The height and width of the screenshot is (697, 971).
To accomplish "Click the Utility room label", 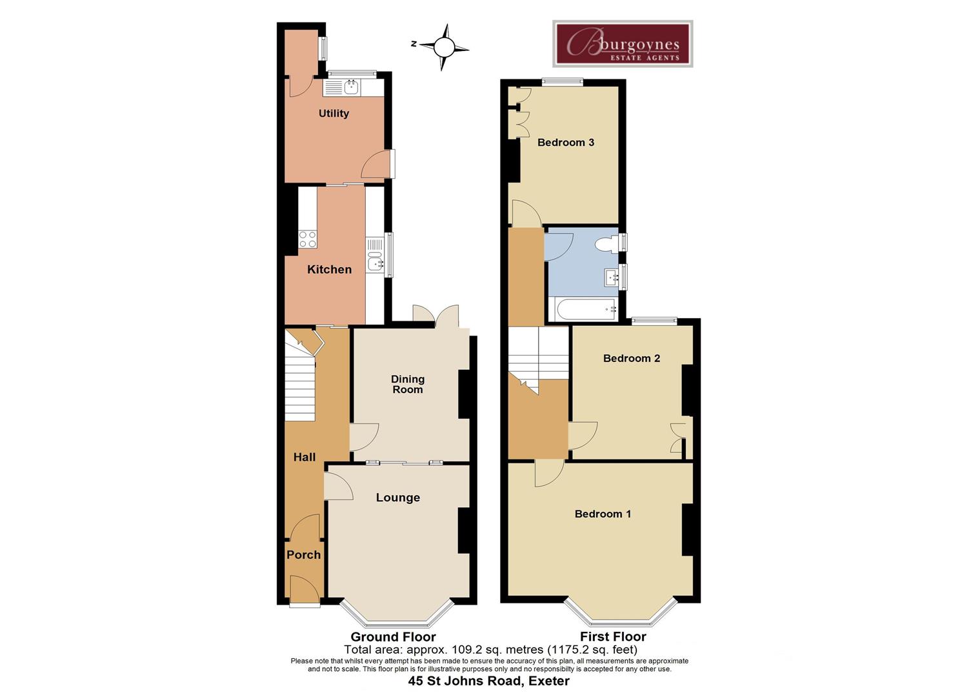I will (334, 114).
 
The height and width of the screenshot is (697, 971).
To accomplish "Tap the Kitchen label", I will (329, 270).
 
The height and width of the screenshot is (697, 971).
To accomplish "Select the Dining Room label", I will (408, 384).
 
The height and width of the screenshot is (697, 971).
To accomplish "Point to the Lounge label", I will (398, 498).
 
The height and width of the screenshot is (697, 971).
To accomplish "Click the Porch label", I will (303, 555).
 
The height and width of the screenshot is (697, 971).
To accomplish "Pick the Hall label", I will (305, 457).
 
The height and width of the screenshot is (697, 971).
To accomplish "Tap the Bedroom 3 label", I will (566, 143).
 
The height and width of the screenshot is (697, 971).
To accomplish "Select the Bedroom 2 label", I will (632, 358).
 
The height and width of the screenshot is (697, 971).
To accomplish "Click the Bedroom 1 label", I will (603, 514).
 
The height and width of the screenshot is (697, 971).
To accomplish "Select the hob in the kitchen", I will (308, 239).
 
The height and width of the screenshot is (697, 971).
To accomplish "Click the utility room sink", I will (350, 87).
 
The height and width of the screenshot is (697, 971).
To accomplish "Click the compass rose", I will (443, 47).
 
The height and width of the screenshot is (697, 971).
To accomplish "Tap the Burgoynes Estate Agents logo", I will (623, 44).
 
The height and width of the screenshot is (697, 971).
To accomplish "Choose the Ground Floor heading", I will (393, 637).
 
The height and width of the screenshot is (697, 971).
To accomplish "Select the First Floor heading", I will (613, 637).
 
